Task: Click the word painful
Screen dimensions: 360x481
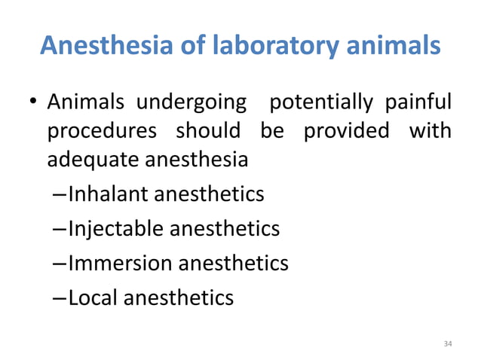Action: tap(419, 101)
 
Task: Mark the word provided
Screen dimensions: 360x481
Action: tap(346, 130)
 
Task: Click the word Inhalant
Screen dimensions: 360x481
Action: tap(109, 195)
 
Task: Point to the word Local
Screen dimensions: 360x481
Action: tap(93, 297)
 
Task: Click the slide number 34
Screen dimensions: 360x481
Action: tap(448, 343)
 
